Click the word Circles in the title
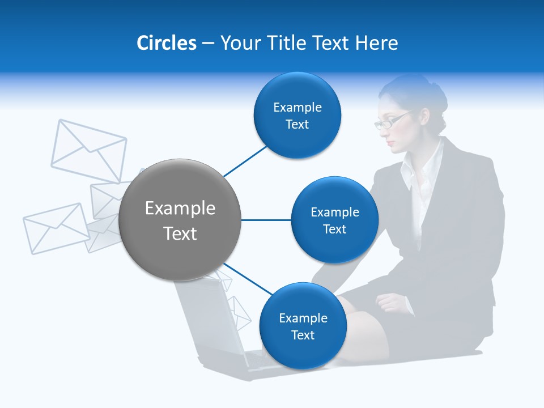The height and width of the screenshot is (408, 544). [x=166, y=43]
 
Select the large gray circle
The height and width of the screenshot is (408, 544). [x=180, y=220]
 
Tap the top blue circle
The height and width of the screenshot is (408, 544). [x=297, y=116]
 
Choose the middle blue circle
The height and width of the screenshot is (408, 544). [x=334, y=220]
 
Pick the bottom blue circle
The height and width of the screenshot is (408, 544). [x=303, y=326]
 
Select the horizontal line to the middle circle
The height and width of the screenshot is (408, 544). [x=266, y=220]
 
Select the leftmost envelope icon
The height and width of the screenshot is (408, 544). [x=56, y=228]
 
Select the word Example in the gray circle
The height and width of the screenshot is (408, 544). [x=180, y=209]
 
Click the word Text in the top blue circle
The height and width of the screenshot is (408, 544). [x=297, y=125]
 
